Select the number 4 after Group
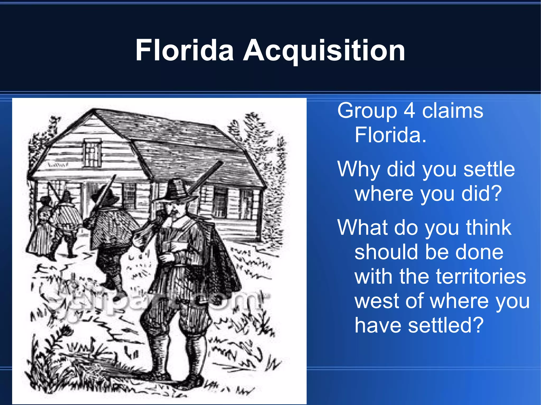click(x=409, y=111)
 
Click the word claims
click(x=453, y=111)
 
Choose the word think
click(x=488, y=227)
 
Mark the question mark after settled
click(x=478, y=325)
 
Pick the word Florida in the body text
click(x=390, y=135)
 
